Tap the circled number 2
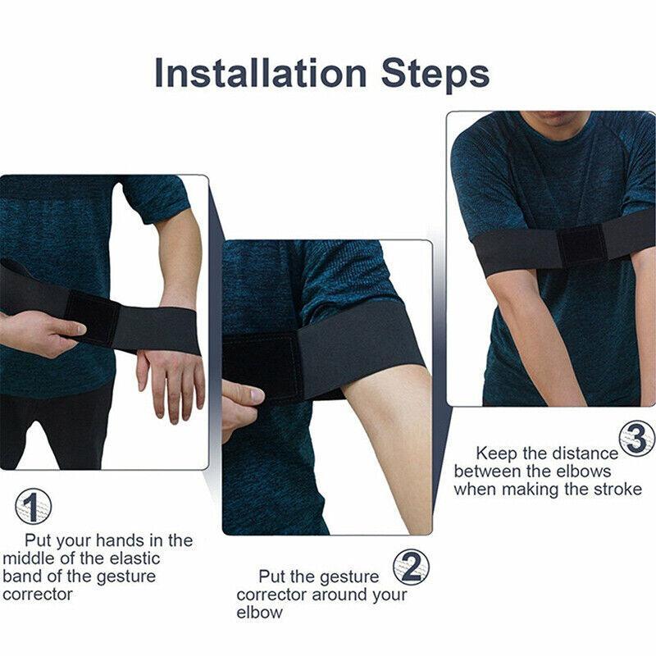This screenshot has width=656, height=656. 411,565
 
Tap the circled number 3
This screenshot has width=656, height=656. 637,439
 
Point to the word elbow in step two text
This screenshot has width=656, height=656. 259,613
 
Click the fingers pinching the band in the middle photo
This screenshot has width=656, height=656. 240,402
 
